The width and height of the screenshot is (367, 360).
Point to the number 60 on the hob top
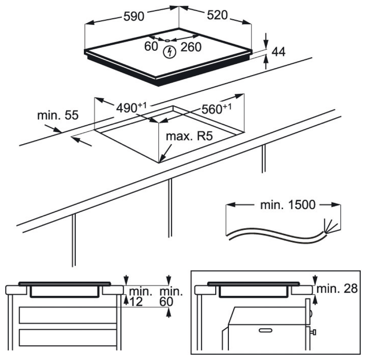pyautogui.click(x=151, y=46)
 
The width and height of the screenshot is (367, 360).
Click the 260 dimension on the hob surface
pyautogui.click(x=191, y=47)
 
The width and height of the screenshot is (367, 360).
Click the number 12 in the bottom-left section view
pyautogui.click(x=136, y=301)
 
